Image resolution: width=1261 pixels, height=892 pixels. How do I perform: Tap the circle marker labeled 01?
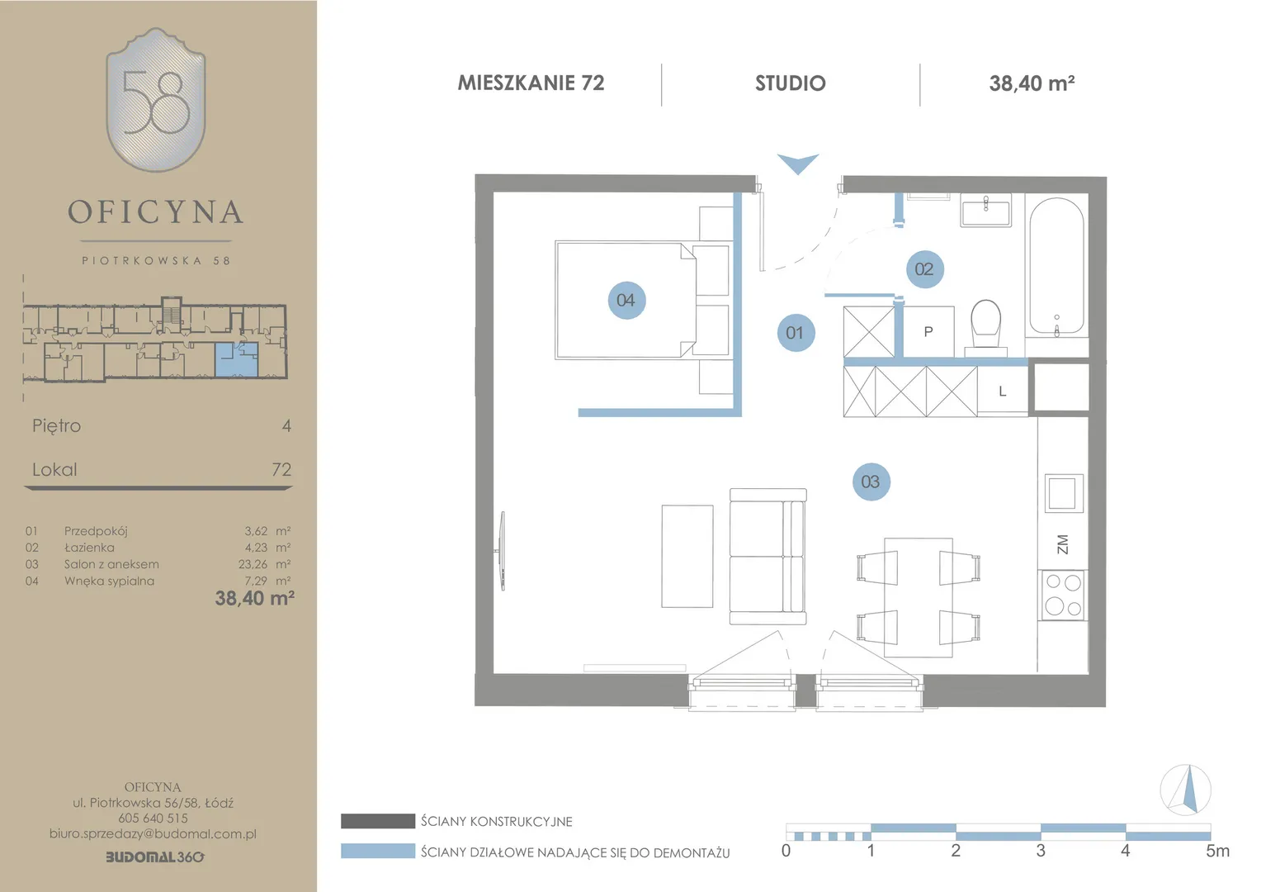(796, 333)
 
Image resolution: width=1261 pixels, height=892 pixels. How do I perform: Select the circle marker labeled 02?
(924, 268)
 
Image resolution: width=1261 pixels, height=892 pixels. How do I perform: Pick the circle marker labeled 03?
(871, 482)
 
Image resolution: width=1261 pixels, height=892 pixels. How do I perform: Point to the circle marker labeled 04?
(626, 300)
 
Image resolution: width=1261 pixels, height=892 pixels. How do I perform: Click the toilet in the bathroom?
(985, 327)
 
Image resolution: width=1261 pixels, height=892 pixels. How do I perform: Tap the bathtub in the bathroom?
(1056, 267)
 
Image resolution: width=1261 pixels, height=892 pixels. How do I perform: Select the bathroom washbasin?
(985, 210)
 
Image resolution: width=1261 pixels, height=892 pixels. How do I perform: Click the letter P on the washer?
(928, 332)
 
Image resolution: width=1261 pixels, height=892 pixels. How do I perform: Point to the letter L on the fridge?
(1002, 391)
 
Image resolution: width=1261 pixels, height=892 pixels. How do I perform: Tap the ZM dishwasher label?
(1062, 544)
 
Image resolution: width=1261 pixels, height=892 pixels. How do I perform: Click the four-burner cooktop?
(1063, 595)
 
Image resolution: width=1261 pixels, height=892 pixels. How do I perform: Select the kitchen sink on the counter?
(1064, 493)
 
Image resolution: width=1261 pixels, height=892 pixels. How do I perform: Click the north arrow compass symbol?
(1186, 790)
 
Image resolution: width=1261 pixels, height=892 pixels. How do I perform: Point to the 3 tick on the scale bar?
(1041, 851)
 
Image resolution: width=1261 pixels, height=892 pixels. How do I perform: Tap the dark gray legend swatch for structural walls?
(378, 821)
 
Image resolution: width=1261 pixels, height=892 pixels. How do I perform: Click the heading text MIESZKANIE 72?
(531, 83)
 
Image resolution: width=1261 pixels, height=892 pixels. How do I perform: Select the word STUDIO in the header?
(791, 83)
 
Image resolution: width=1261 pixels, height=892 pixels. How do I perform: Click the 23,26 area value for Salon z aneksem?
(253, 564)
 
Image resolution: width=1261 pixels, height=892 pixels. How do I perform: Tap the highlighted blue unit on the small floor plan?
(236, 359)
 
